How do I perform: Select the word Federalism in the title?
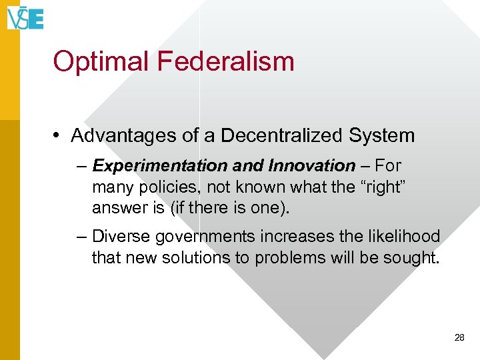(x=225, y=61)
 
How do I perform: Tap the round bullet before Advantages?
(x=59, y=136)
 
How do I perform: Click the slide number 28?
(x=459, y=338)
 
